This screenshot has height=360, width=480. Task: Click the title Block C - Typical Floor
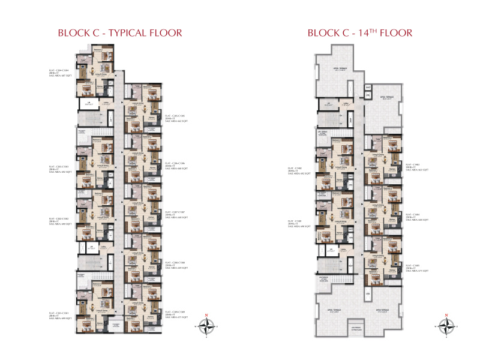[x=119, y=32]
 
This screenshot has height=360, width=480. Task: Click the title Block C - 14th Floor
[x=359, y=32]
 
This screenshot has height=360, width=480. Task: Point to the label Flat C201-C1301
[x=61, y=315]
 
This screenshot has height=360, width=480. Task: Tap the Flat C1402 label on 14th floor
[x=298, y=170]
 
